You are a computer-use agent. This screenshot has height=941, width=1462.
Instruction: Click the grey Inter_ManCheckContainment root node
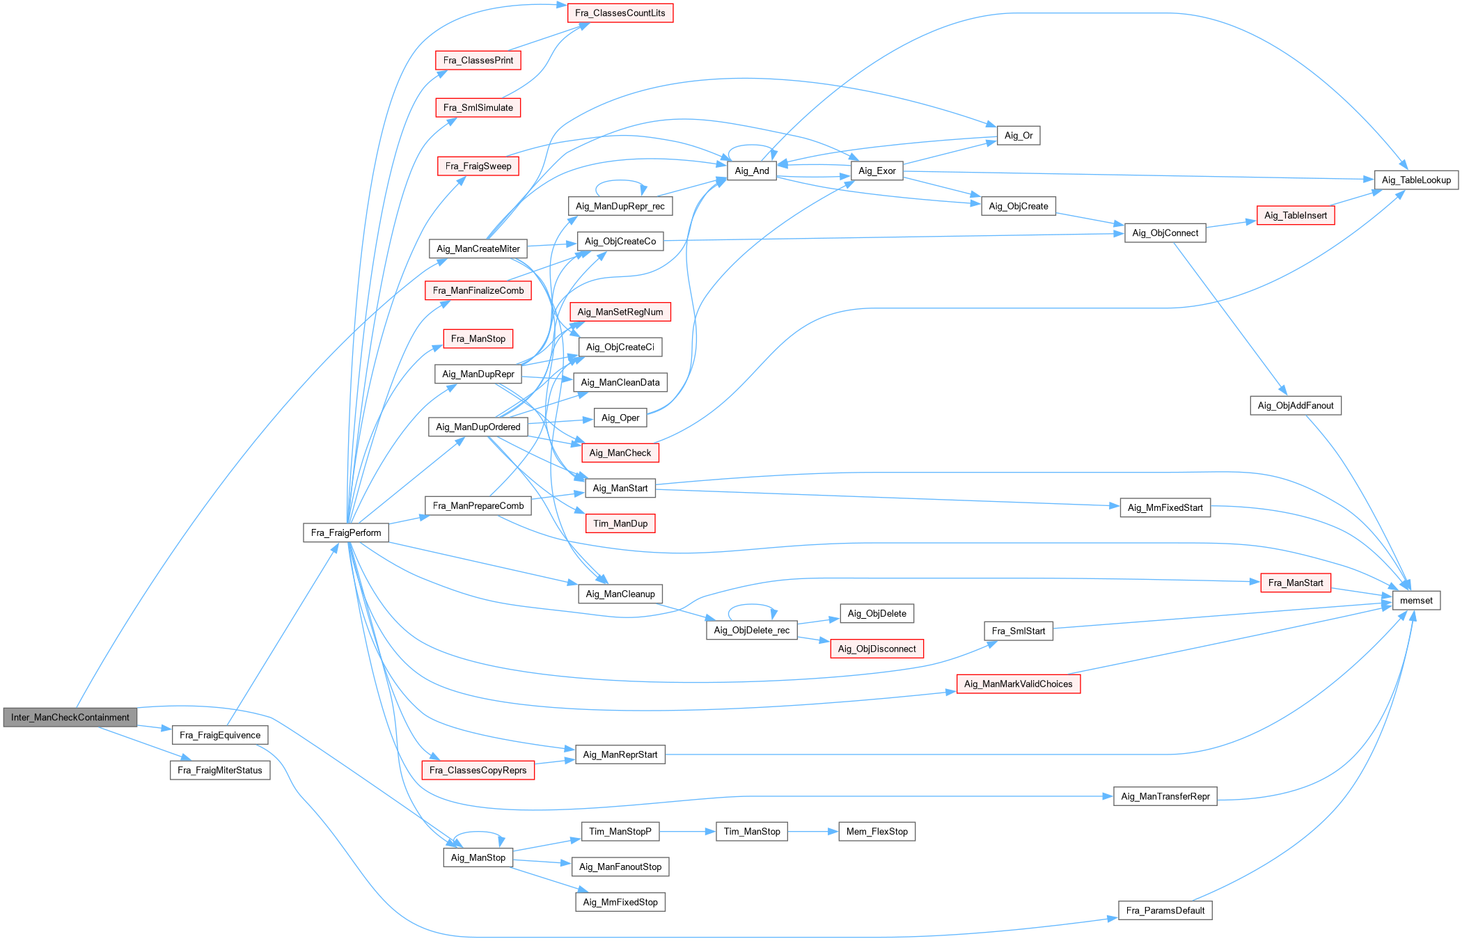(x=70, y=717)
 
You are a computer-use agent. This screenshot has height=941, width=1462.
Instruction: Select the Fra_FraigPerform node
(x=346, y=532)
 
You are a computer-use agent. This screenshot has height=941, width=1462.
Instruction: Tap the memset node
(x=1416, y=600)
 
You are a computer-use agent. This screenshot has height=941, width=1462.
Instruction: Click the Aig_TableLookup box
(x=1416, y=180)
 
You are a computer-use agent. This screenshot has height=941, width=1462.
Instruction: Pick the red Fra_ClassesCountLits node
(x=620, y=13)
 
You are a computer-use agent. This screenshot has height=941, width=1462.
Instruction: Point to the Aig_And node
(x=752, y=171)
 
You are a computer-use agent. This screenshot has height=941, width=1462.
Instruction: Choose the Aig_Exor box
(x=877, y=171)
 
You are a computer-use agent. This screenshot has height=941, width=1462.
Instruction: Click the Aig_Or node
(x=1018, y=135)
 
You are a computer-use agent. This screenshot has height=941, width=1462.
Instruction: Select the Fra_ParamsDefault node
(x=1165, y=910)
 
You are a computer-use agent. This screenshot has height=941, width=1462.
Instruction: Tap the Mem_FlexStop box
(x=877, y=831)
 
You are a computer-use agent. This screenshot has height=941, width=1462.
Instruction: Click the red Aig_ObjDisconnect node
(x=877, y=649)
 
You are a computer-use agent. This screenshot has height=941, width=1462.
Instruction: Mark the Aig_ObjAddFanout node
(x=1295, y=405)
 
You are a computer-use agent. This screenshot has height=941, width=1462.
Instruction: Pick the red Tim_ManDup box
(x=620, y=523)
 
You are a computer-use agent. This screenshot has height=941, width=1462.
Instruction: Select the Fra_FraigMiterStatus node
(x=219, y=770)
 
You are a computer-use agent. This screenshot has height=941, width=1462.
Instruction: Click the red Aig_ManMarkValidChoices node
(x=1018, y=683)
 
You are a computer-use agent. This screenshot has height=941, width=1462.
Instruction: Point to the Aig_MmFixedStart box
(x=1165, y=507)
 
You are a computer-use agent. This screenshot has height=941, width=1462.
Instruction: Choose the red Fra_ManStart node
(x=1295, y=583)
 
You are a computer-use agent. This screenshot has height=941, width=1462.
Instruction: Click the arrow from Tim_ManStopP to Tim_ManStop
(x=688, y=831)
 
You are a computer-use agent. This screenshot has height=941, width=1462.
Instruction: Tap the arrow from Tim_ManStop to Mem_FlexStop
(x=812, y=831)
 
